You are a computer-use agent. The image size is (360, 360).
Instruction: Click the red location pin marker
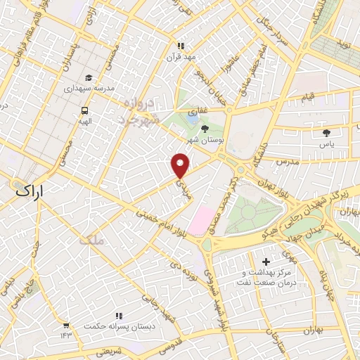pos(181,165)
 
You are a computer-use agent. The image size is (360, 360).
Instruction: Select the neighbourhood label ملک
pos(91,239)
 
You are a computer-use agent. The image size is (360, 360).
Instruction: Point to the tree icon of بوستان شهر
pos(204,129)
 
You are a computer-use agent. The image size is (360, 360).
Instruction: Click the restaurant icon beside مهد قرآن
pos(182,46)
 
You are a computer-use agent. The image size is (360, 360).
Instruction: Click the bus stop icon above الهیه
pos(84,110)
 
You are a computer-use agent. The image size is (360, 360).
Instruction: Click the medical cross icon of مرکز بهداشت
pos(266,262)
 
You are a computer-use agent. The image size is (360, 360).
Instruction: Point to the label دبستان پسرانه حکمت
pos(112,327)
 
